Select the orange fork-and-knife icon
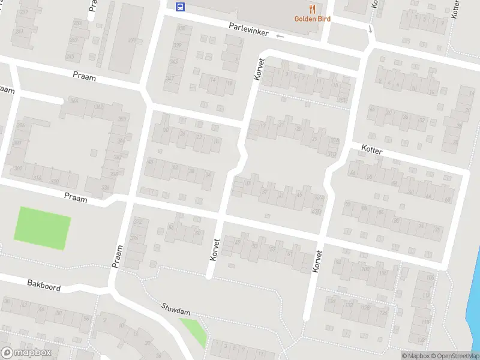pos(311,8)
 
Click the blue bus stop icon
pos(179,7)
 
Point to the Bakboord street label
pos(44,284)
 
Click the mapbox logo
pos(26,353)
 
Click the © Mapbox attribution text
pos(415,356)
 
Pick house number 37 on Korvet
pos(264,191)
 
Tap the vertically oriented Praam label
pos(117,256)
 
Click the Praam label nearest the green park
pos(76,198)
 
